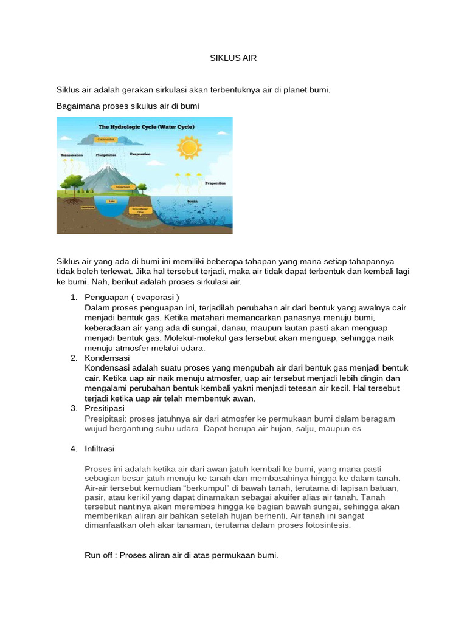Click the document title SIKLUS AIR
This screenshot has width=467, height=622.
pyautogui.click(x=233, y=58)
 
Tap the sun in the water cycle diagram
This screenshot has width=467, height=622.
pyautogui.click(x=189, y=148)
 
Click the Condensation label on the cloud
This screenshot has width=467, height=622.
pyautogui.click(x=107, y=138)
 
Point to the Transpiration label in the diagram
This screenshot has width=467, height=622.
pyautogui.click(x=72, y=155)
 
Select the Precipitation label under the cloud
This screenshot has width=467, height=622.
pyautogui.click(x=106, y=155)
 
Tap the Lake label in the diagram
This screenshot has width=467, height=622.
pyautogui.click(x=112, y=201)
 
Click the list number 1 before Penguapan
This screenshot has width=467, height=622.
pyautogui.click(x=74, y=298)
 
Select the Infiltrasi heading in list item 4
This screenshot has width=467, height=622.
pyautogui.click(x=100, y=449)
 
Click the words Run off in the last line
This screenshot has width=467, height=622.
pyautogui.click(x=100, y=555)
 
